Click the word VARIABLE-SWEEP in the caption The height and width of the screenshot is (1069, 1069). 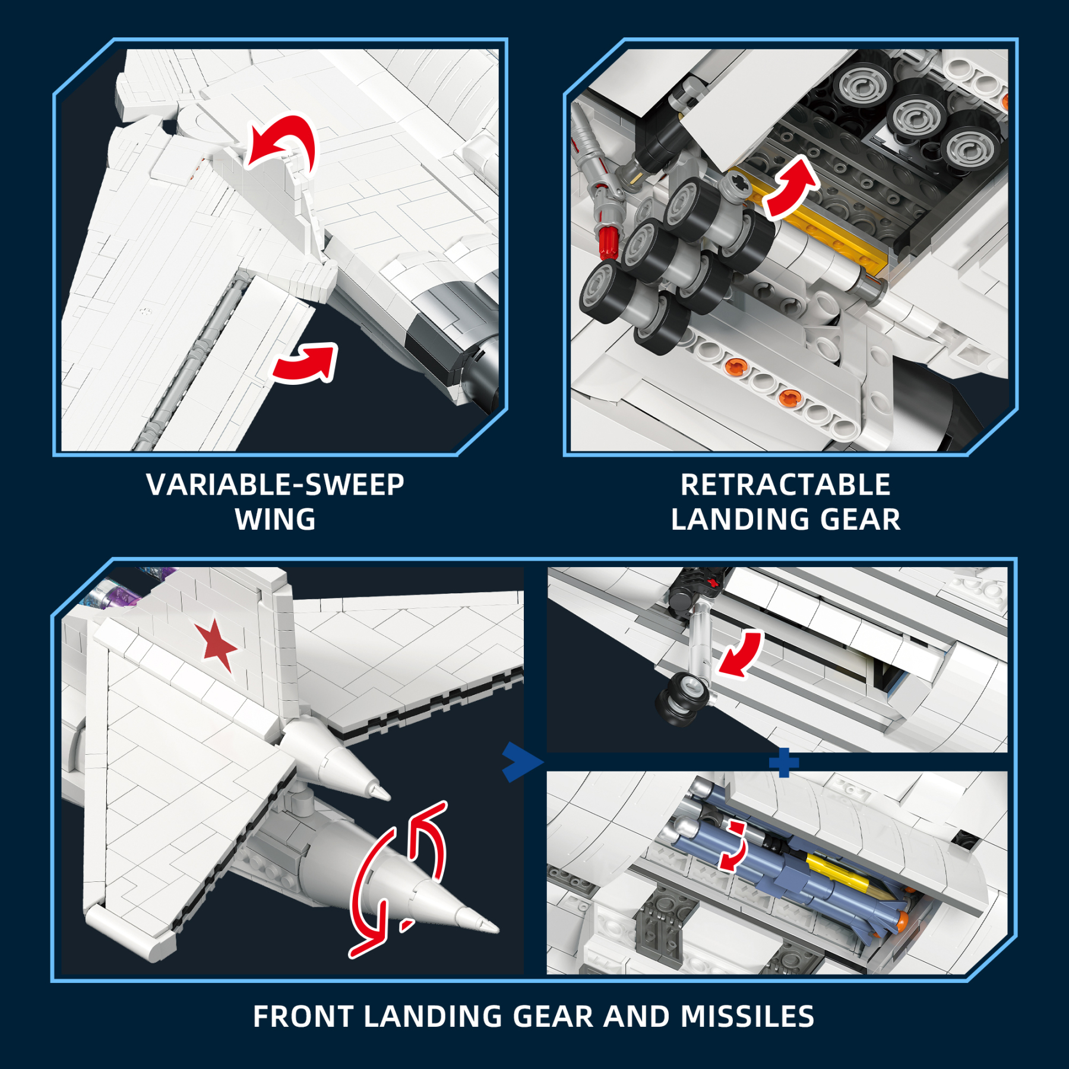point(275,485)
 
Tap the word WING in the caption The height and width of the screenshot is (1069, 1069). point(275,520)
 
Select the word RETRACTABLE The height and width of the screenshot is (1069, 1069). point(785,485)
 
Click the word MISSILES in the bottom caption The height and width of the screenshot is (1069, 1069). point(747,1016)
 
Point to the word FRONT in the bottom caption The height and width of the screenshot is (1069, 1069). point(303,1016)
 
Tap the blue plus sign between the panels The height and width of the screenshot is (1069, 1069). point(783,763)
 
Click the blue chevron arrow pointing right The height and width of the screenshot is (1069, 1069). point(521,762)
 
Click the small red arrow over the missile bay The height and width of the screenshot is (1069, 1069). point(735,847)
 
